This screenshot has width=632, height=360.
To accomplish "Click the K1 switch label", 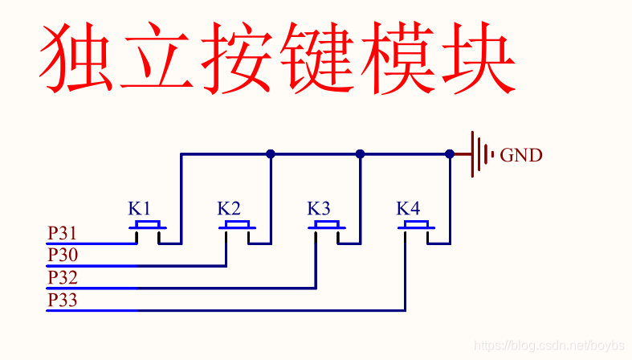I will tap(139, 209).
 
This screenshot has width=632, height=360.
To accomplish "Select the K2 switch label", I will tap(229, 209).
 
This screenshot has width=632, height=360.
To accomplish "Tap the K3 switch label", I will tap(319, 209).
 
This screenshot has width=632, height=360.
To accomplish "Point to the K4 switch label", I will tap(408, 209).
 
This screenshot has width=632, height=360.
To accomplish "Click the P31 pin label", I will tap(62, 234).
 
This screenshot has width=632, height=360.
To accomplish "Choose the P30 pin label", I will tap(62, 256).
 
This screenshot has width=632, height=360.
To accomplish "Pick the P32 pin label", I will tap(62, 278).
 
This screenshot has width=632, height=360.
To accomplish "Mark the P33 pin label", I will tap(62, 301).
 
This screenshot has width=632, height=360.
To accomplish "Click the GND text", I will tap(521, 155).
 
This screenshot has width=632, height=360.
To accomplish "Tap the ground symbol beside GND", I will tap(479, 153).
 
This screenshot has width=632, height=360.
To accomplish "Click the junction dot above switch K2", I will tap(271, 153).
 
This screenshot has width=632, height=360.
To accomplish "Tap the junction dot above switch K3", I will tap(360, 153).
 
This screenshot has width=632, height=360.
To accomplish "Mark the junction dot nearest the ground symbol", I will tap(450, 153).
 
